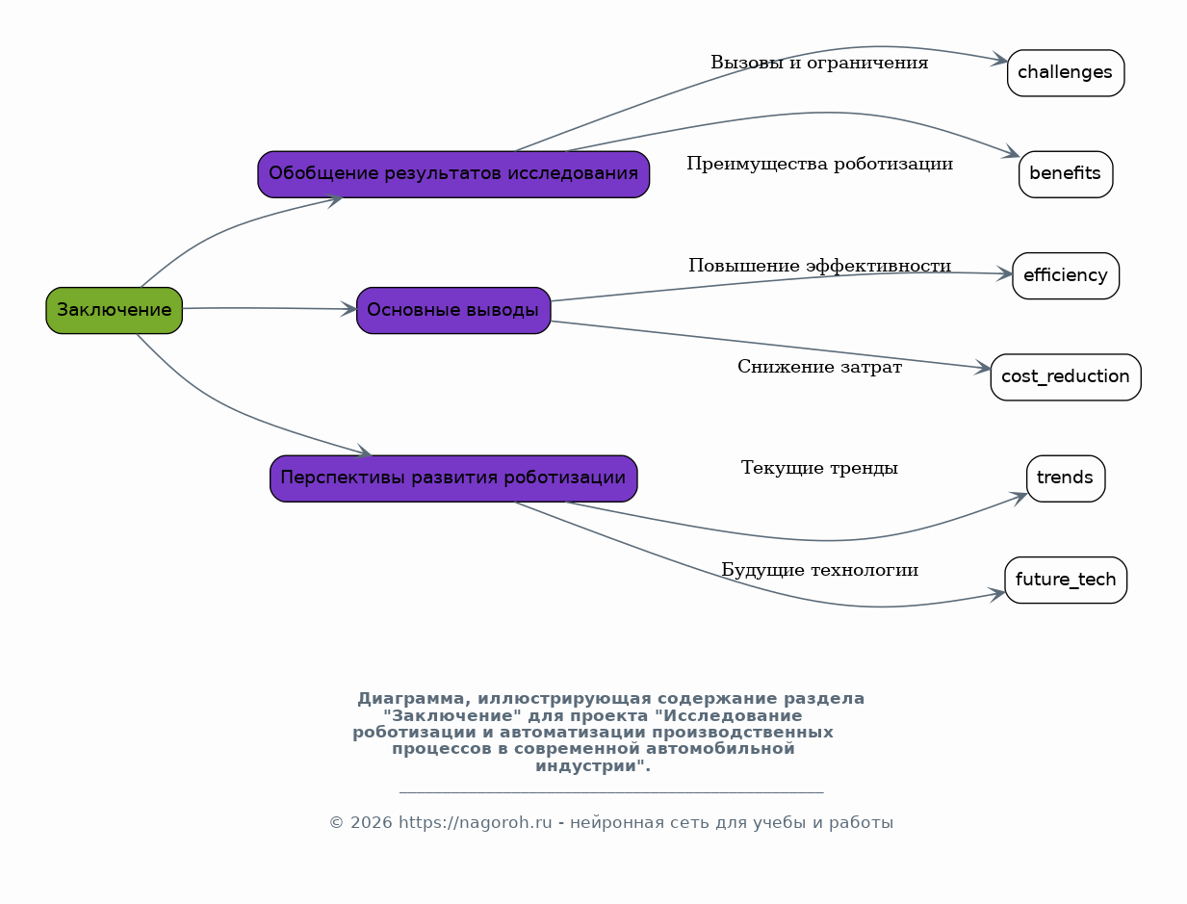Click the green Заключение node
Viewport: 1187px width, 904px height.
pos(115,310)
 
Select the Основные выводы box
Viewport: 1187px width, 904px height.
pos(453,310)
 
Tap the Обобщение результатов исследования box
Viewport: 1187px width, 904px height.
pos(453,174)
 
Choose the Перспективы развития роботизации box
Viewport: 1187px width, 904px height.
pos(453,478)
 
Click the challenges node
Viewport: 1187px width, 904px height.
pos(1066,73)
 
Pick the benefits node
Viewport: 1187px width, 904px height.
pos(1066,174)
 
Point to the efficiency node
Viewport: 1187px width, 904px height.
pos(1066,275)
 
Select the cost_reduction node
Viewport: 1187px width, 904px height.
pos(1066,377)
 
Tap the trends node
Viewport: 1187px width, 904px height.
pos(1066,478)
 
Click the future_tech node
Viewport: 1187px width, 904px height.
pos(1066,581)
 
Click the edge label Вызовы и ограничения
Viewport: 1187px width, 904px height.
pos(819,63)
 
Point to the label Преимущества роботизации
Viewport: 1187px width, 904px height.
pos(820,164)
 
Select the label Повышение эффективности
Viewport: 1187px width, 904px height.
pos(820,266)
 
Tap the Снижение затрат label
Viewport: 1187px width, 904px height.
pos(820,367)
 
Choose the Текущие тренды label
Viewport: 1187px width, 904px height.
pos(819,468)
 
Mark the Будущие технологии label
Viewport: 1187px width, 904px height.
pos(820,570)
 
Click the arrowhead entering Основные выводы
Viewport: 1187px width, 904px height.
pos(348,309)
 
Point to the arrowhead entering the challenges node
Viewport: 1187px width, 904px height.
pos(999,60)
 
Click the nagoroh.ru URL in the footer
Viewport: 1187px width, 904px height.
pos(476,822)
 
